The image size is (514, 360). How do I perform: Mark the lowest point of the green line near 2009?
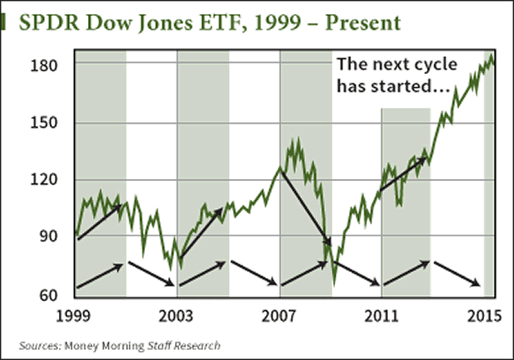[x=334, y=285]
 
